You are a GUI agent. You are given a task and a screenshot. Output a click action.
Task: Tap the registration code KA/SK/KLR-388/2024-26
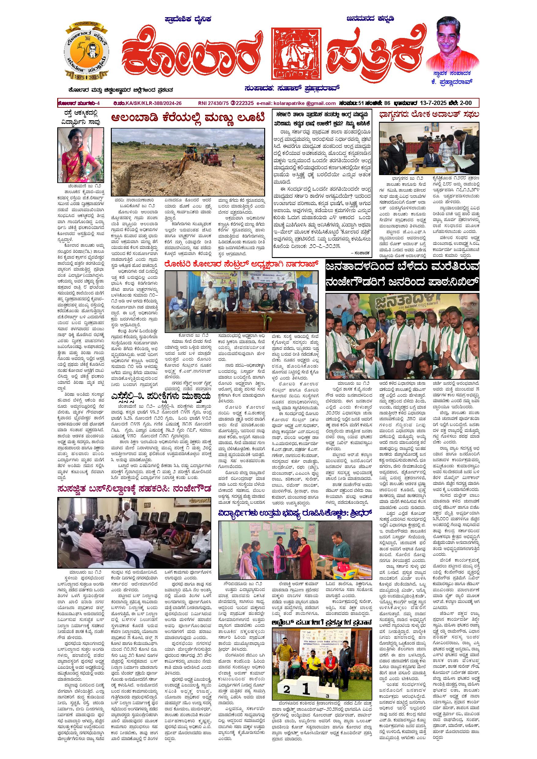click(x=153, y=103)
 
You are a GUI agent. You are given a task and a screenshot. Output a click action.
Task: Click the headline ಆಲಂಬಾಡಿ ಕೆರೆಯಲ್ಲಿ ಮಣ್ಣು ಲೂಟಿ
click(x=188, y=118)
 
